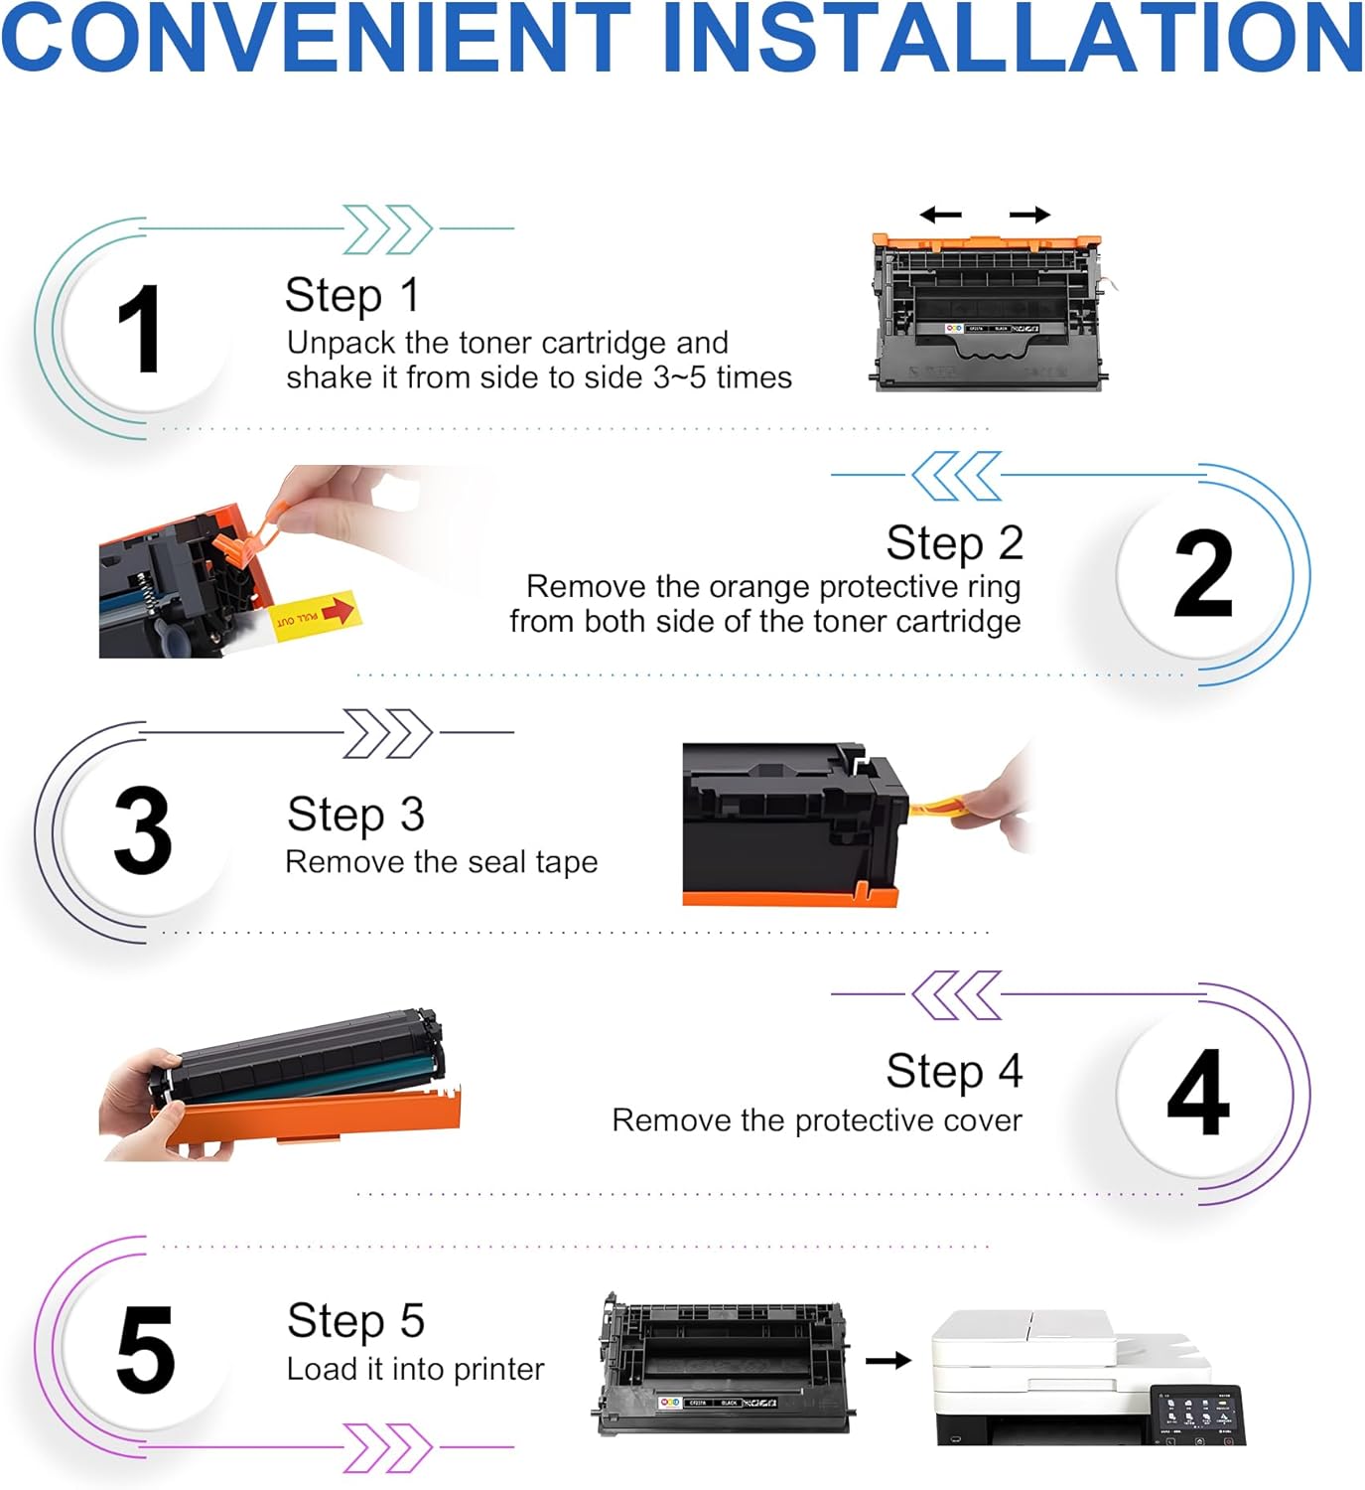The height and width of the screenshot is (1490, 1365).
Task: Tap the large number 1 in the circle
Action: point(139,329)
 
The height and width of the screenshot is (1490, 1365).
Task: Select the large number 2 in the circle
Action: point(1202,574)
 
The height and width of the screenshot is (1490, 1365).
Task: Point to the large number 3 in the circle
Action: point(142,830)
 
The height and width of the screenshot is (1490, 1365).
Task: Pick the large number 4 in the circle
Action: point(1199,1093)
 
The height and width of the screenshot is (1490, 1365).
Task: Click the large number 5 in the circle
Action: point(145,1350)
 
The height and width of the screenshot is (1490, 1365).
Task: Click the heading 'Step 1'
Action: point(351,295)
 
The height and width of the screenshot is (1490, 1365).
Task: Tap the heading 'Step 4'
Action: point(953,1071)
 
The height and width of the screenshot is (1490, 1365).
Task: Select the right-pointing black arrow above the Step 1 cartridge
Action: point(1029,215)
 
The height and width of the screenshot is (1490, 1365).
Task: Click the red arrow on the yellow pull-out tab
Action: point(338,610)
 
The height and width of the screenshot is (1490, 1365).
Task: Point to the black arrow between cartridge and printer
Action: point(887,1360)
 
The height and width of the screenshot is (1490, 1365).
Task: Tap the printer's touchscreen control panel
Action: point(1198,1414)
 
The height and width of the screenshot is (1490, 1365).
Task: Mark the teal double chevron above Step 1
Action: point(387,229)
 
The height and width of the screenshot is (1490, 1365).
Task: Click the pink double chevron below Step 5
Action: point(387,1447)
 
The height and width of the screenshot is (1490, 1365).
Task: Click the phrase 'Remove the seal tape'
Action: point(441,862)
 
